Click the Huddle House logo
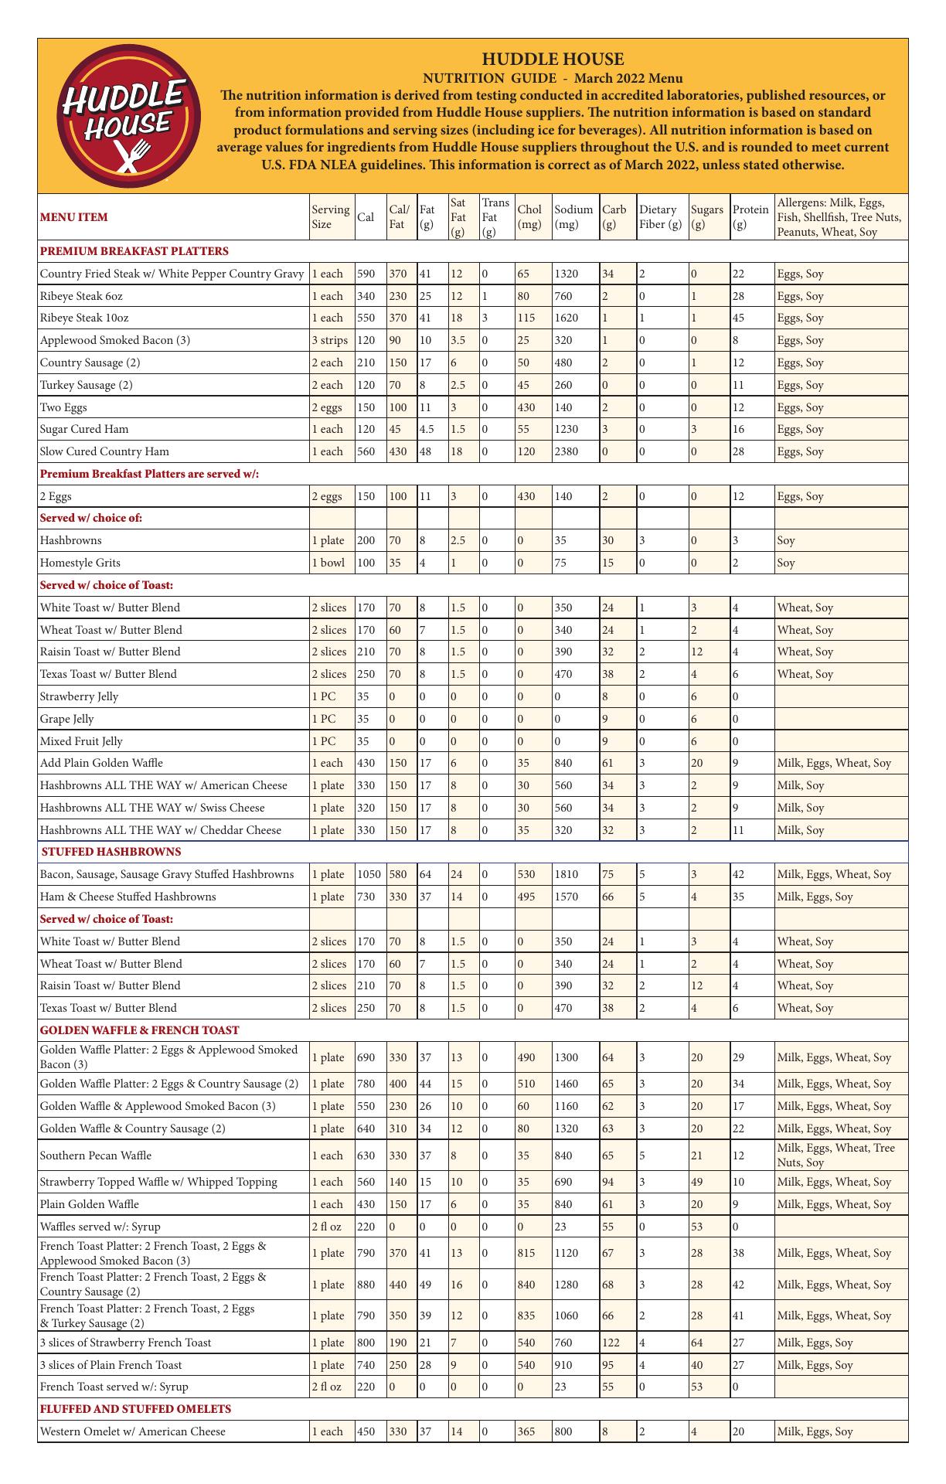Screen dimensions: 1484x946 tap(125, 116)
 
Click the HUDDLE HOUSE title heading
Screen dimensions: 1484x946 tap(553, 60)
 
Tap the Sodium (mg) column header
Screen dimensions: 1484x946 tap(573, 217)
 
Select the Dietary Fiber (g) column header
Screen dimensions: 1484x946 tap(661, 217)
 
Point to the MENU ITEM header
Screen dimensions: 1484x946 tap(73, 217)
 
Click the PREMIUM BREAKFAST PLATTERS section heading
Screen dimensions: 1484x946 tap(134, 251)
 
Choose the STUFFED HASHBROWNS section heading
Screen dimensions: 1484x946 tap(111, 852)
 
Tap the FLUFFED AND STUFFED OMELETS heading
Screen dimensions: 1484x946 tap(135, 1409)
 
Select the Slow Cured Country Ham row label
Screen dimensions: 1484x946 tap(104, 451)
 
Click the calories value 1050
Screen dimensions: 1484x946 tap(369, 874)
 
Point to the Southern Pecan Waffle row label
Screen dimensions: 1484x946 tap(96, 1156)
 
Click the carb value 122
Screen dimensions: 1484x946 tap(611, 1343)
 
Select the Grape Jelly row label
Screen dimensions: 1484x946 tap(67, 719)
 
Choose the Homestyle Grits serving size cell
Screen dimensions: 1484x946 tap(328, 563)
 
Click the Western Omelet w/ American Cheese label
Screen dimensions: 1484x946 tap(133, 1431)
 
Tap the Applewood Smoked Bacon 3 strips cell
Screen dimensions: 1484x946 tap(330, 340)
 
